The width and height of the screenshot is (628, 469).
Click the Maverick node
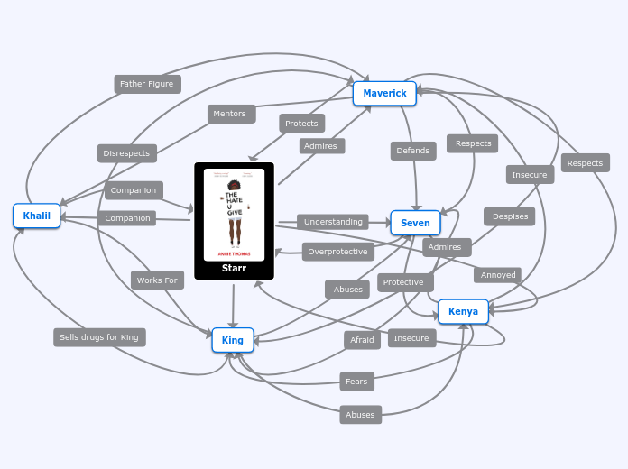384,94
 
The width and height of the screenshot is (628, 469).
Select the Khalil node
36,216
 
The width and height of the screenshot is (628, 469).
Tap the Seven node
415,223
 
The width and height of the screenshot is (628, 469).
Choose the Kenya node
463,312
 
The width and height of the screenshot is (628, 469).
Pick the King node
233,340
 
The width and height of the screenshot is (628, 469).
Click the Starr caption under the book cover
234,268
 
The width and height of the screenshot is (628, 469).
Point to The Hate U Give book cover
234,215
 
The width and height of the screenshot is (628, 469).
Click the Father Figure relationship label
147,84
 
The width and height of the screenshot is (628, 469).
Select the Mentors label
231,114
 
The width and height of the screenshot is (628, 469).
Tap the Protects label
301,124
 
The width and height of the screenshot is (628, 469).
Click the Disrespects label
126,153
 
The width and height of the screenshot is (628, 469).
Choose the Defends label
413,151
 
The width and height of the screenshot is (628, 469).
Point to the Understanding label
332,222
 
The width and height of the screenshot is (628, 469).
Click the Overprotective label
337,252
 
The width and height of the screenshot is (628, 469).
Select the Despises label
509,216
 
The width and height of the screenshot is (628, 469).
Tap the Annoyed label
497,275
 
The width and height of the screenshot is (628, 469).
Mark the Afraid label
362,340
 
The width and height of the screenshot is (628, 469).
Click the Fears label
356,382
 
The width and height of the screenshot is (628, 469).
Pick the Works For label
157,280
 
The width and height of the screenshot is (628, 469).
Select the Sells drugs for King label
99,337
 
